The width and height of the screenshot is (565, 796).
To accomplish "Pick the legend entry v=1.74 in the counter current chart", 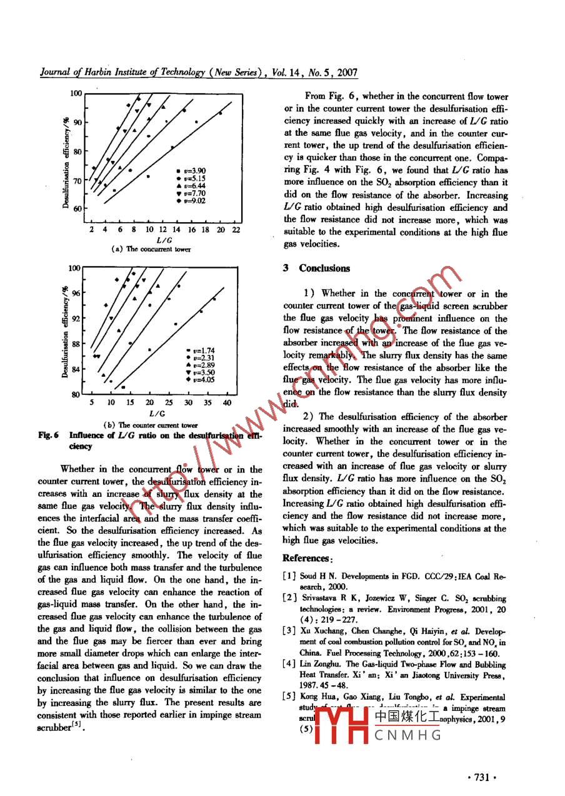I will point(202,350).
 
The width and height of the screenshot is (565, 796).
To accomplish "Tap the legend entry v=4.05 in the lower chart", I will point(202,379).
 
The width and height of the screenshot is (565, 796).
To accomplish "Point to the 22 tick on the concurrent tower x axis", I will point(236,230).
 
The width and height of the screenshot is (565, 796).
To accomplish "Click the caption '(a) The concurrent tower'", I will point(151,249).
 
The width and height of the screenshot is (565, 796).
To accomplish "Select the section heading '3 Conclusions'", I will point(316,268).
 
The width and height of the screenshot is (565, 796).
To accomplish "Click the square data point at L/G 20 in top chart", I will point(220,113).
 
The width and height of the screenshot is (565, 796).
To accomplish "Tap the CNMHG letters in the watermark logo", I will point(408,735).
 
